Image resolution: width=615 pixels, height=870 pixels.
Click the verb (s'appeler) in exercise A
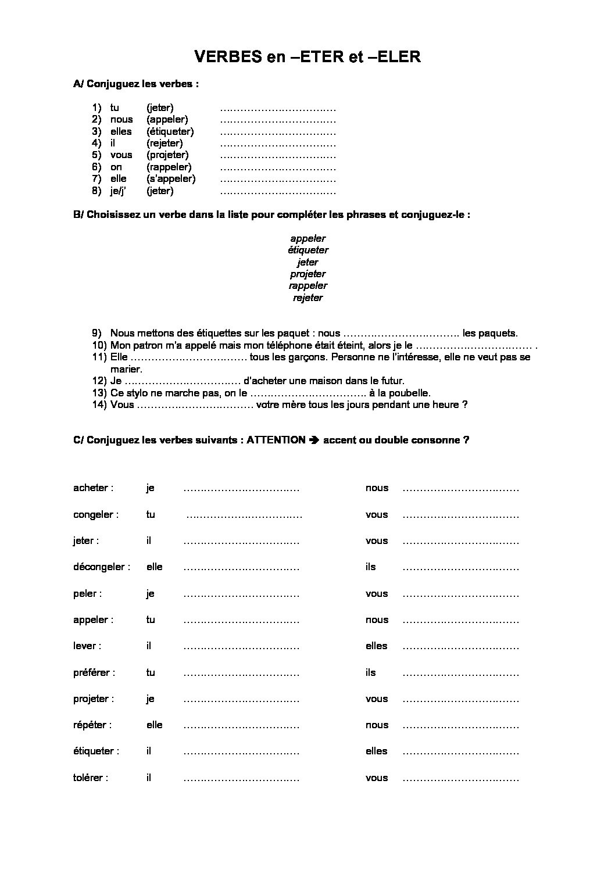[171, 178]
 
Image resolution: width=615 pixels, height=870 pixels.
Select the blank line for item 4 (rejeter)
[278, 144]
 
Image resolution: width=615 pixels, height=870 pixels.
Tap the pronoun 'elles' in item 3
[121, 131]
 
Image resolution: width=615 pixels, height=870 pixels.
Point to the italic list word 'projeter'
[307, 274]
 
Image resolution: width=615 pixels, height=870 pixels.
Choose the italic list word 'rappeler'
[307, 285]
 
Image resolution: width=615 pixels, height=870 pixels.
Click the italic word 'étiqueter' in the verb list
[307, 250]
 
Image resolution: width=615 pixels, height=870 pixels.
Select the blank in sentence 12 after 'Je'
[183, 381]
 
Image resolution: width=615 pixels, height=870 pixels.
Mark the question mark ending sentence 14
[465, 404]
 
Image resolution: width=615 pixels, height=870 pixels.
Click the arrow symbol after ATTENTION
[314, 440]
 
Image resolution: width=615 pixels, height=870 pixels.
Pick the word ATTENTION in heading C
[276, 440]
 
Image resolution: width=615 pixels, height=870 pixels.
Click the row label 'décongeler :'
[102, 567]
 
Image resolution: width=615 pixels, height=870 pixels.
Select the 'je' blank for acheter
[241, 489]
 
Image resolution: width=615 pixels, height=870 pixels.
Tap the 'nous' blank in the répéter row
[460, 725]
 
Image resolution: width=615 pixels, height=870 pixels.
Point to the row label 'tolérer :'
[91, 778]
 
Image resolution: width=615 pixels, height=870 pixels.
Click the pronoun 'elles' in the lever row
[376, 646]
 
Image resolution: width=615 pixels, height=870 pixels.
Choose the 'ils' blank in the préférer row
[460, 673]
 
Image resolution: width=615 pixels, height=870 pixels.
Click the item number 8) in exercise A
[96, 191]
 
